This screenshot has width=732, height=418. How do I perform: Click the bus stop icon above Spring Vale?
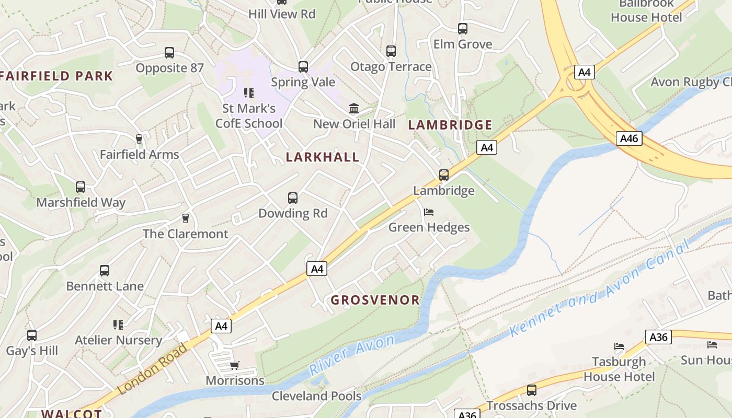pos(303,67)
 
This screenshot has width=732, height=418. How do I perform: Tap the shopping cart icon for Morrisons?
pos(235,365)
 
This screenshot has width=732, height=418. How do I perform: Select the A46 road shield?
pos(628,138)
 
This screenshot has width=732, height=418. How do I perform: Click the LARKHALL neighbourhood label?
pos(323,157)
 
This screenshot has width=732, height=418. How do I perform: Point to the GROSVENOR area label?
pos(375,300)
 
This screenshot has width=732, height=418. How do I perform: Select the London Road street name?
pos(152,369)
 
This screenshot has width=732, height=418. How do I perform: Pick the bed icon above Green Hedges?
pos(429,212)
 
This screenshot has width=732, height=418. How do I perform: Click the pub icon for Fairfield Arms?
pos(139,138)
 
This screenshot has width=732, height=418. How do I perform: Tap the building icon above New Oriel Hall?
pos(354,109)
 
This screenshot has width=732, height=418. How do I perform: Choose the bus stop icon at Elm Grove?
pos(463,29)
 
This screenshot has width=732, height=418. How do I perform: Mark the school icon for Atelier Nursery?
pos(118,325)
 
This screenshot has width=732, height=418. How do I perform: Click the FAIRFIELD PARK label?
pos(56,76)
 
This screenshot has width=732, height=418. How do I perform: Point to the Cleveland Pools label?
pos(316,396)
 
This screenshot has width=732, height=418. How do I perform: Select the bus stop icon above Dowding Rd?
pos(293,198)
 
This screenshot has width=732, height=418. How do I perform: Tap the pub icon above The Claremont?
pos(185,218)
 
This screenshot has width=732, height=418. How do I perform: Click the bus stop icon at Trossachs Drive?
pos(532,390)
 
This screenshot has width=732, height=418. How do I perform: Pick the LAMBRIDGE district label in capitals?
pos(450,125)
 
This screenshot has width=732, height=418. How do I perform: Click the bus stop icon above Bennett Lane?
pos(105,271)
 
